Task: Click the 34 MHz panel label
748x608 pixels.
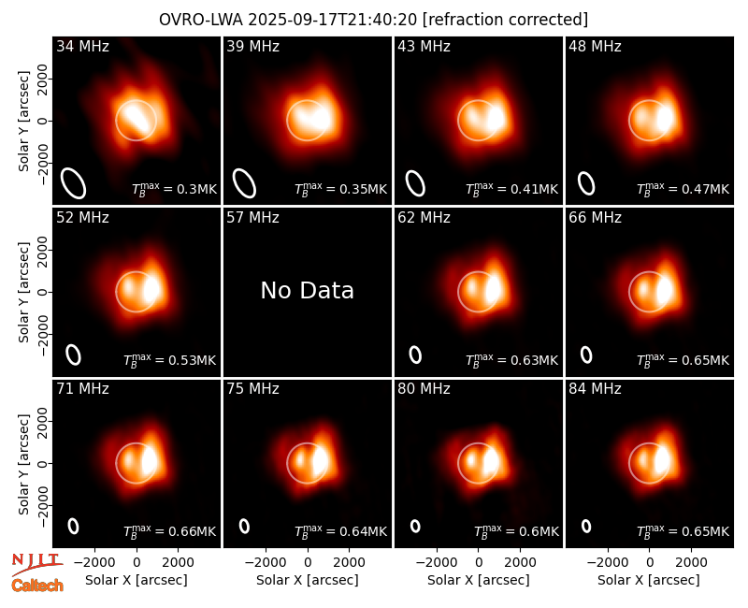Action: coord(82,46)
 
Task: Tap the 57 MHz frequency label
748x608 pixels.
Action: coord(252,218)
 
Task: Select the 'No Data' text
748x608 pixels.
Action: coord(308,290)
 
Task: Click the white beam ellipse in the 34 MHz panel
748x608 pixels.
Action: coord(74,183)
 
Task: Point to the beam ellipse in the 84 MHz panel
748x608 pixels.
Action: coord(586,526)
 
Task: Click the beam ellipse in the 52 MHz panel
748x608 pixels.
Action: coord(74,355)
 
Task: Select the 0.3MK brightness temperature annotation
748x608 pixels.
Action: coord(175,190)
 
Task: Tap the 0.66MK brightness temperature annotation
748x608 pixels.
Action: coord(170,531)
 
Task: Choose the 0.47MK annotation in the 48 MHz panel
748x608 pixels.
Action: coord(683,190)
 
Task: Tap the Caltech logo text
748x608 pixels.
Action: coord(37,586)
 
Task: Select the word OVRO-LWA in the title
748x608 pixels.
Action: coord(201,20)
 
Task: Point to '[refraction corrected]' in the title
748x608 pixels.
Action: coord(505,20)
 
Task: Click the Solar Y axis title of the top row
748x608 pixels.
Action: coord(23,122)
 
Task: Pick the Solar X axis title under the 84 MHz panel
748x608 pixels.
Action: coord(649,580)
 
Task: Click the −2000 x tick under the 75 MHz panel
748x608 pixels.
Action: coord(266,563)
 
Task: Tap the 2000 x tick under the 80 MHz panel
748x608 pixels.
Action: coord(520,563)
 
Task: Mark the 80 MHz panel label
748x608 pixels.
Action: coord(424,389)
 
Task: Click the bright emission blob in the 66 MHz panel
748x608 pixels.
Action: coord(665,290)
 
